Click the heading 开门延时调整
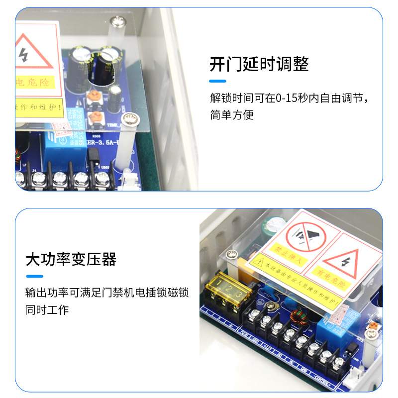pyautogui.click(x=259, y=64)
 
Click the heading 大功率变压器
pyautogui.click(x=71, y=259)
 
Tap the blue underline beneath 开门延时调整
pyautogui.click(x=217, y=81)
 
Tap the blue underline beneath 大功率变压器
pyautogui.click(x=34, y=276)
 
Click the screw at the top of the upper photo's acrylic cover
pyautogui.click(x=118, y=21)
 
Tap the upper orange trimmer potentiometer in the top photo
pyautogui.click(x=94, y=98)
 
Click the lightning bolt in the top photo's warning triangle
pyautogui.click(x=24, y=56)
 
